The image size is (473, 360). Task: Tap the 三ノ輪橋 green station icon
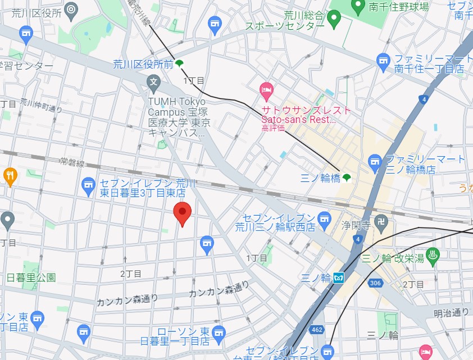[347, 177]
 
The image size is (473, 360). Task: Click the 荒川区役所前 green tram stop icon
[179, 63]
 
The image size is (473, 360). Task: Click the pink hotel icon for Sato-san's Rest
[266, 89]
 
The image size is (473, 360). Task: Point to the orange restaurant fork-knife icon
[10, 176]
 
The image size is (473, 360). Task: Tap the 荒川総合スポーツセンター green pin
[335, 20]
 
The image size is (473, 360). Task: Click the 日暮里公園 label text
[31, 277]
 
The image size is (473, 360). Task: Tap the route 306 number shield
[376, 284]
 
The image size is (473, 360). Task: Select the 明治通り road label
[451, 312]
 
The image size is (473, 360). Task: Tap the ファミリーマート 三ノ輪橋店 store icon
[375, 163]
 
